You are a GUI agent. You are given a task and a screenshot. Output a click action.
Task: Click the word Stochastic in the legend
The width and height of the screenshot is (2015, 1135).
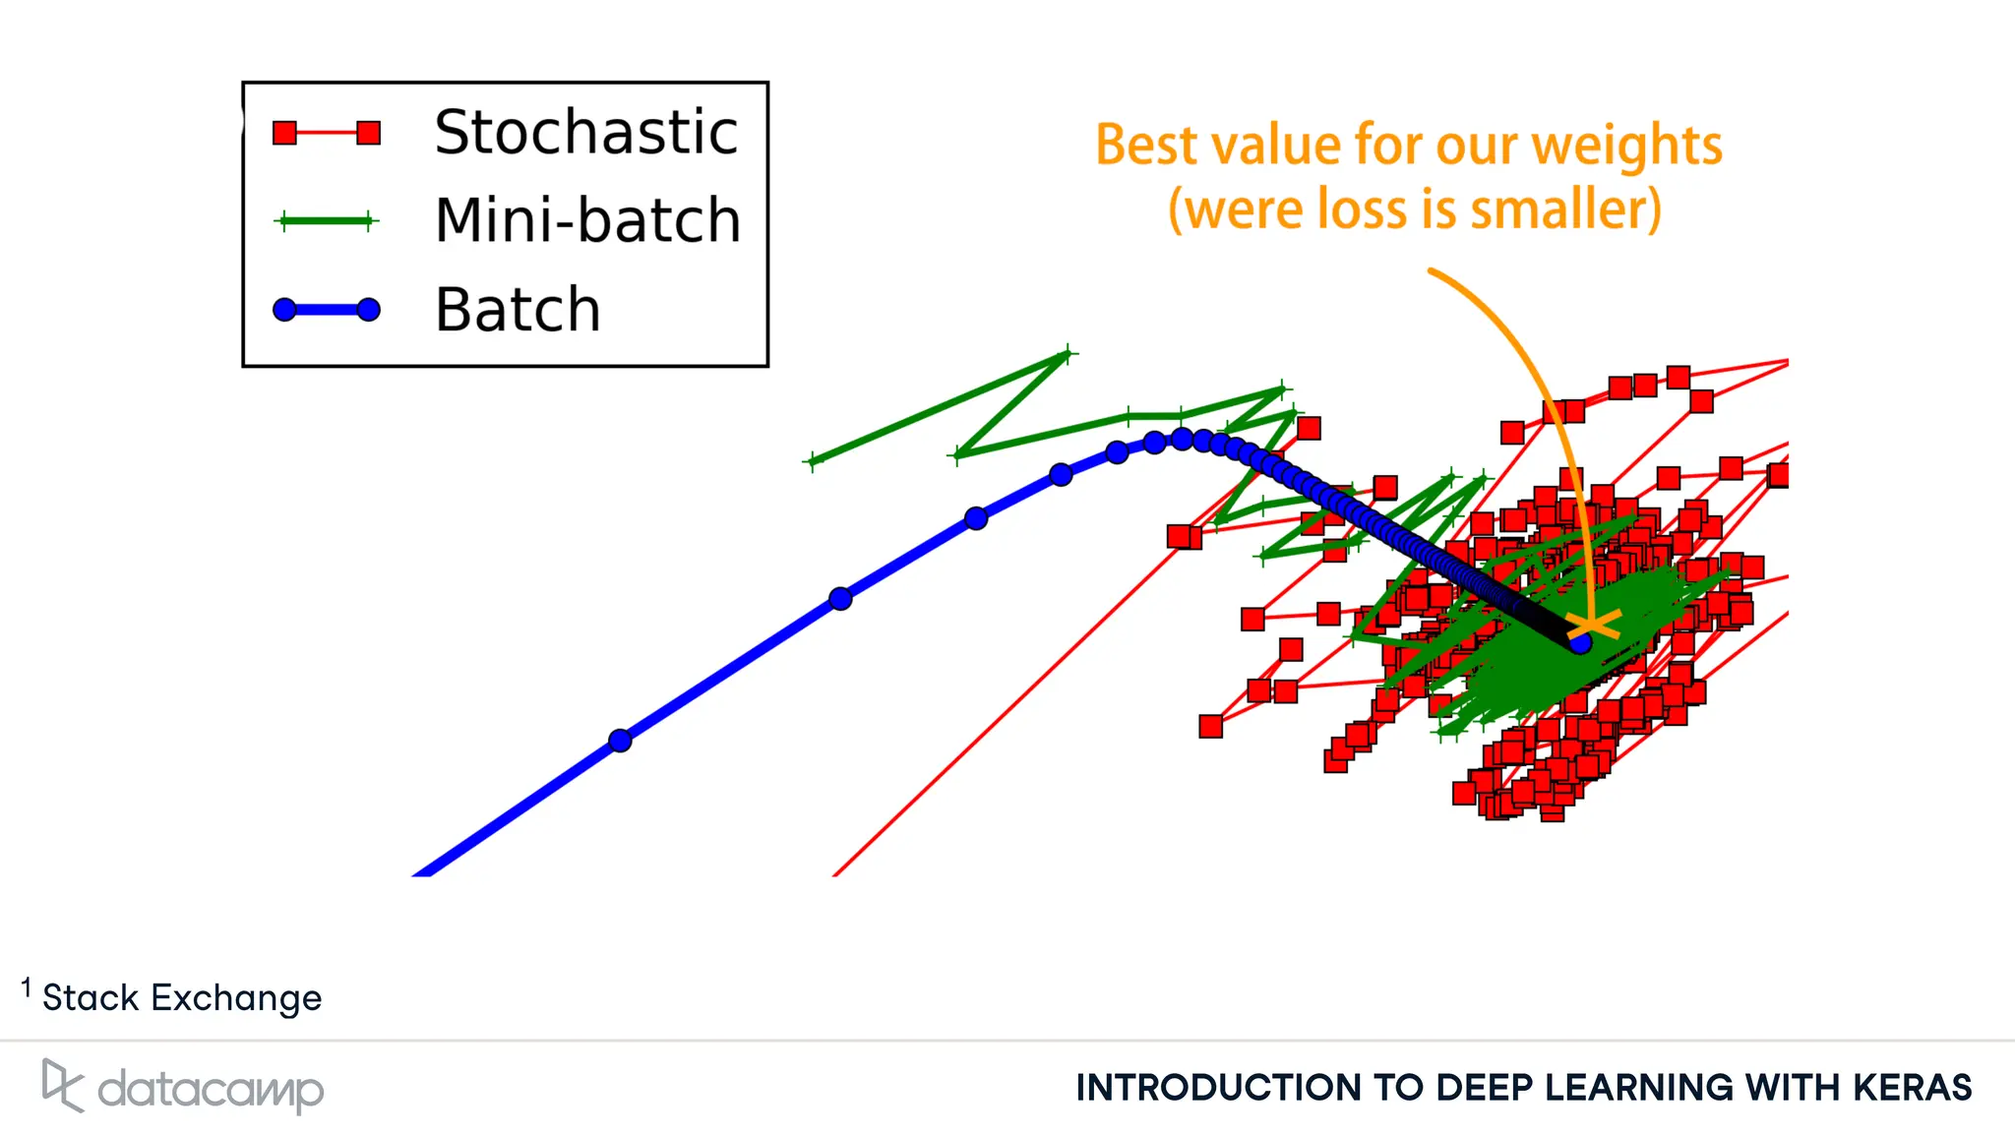click(x=585, y=133)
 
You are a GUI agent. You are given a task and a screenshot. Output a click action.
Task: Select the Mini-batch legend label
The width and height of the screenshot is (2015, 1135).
click(x=587, y=220)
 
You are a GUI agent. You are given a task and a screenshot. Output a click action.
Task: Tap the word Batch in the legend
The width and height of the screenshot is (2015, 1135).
click(x=518, y=310)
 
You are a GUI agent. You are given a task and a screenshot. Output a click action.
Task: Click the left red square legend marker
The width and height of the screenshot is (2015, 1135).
click(x=285, y=133)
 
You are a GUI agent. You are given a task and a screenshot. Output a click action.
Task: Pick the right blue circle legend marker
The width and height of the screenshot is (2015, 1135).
click(x=368, y=310)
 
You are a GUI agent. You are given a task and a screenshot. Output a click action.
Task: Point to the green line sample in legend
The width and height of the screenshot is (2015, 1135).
click(x=326, y=221)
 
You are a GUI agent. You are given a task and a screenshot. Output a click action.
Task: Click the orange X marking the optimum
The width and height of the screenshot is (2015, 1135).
click(x=1592, y=626)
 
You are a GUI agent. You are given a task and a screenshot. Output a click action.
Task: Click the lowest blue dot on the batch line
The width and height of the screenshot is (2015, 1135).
click(x=620, y=741)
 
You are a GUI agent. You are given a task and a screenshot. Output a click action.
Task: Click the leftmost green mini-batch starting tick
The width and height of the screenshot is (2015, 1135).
click(x=813, y=460)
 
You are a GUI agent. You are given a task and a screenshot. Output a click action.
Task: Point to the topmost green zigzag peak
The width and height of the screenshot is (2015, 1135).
click(x=1068, y=354)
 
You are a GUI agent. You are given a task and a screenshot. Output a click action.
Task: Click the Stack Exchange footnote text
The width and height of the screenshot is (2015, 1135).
click(x=182, y=997)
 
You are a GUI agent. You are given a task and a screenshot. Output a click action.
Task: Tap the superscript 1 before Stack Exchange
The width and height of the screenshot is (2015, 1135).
click(x=27, y=986)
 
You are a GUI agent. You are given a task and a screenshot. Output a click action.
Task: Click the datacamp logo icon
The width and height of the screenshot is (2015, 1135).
click(x=61, y=1085)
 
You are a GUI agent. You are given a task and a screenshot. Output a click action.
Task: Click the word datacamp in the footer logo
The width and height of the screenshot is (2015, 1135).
click(x=211, y=1090)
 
